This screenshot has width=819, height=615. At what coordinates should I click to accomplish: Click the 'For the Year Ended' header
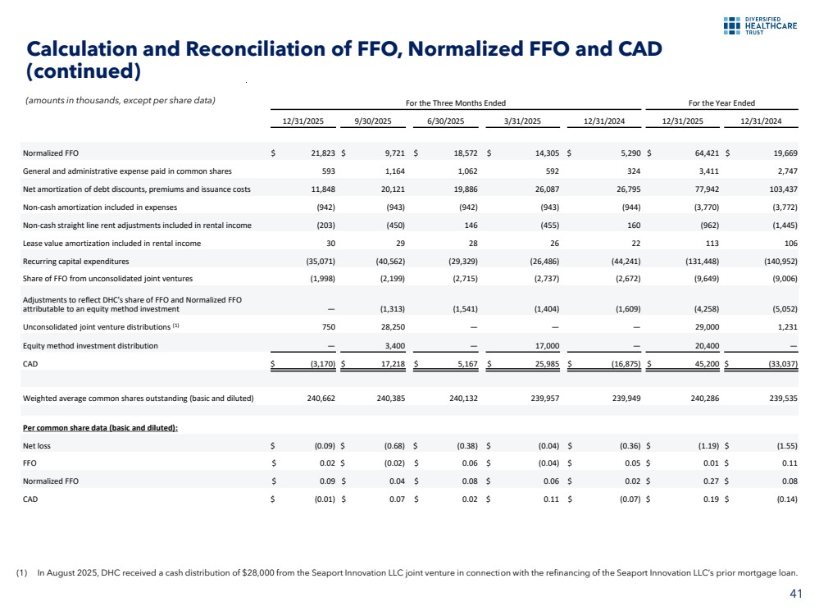coord(721,102)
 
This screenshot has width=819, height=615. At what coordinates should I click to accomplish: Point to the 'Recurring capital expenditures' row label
coord(78,262)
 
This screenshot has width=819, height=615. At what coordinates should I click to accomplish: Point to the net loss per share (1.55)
coord(781,445)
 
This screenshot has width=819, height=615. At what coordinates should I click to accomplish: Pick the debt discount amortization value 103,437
coord(780,189)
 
